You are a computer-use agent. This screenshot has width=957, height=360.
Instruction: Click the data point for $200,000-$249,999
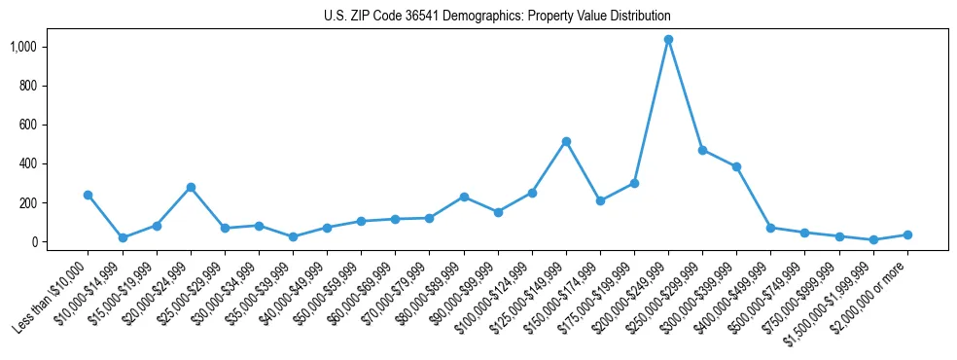pyautogui.click(x=668, y=40)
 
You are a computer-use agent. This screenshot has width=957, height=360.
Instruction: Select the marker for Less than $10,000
pyautogui.click(x=89, y=195)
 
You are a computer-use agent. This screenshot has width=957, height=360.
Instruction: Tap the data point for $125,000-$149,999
pyautogui.click(x=566, y=142)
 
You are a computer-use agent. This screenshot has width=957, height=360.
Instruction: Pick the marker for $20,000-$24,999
pyautogui.click(x=191, y=187)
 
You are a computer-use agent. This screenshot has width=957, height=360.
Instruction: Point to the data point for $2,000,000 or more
pyautogui.click(x=907, y=234)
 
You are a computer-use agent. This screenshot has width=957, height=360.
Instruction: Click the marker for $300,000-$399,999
pyautogui.click(x=736, y=166)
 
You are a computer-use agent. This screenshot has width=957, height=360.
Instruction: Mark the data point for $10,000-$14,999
pyautogui.click(x=123, y=237)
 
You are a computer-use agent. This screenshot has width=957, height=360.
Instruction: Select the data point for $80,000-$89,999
pyautogui.click(x=464, y=197)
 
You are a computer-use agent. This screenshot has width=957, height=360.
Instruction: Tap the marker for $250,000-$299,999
pyautogui.click(x=702, y=150)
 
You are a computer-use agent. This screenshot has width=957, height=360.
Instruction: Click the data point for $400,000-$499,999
pyautogui.click(x=770, y=228)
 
